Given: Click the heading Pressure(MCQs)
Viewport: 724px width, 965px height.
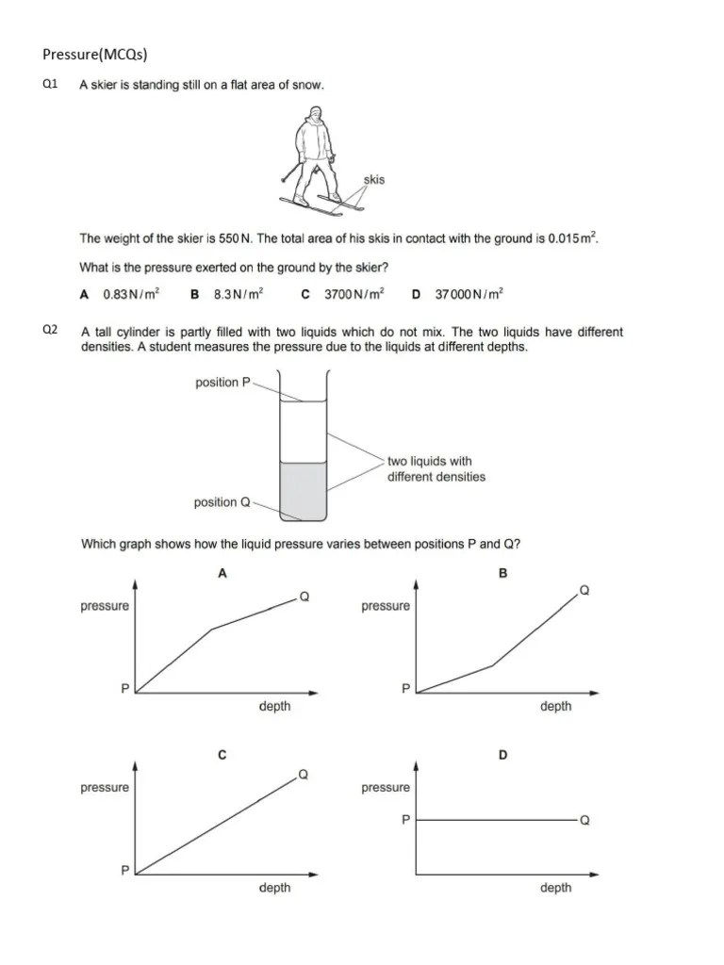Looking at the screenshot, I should tap(95, 54).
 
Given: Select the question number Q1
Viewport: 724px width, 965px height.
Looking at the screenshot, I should tap(51, 85).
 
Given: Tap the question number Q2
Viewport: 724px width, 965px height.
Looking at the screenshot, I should tap(51, 330).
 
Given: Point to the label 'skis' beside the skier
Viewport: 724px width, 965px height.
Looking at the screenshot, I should tap(373, 179).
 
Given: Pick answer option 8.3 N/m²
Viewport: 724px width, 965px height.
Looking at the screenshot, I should tap(238, 294).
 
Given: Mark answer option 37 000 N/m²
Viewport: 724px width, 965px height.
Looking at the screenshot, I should tap(469, 294).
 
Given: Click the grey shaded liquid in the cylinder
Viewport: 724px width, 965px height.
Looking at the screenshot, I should tap(303, 489).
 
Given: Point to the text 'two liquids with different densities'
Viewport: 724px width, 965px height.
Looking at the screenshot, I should tap(436, 469).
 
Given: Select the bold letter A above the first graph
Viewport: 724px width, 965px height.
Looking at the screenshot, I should tap(222, 572).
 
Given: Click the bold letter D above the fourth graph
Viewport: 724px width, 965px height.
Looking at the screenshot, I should tap(502, 755).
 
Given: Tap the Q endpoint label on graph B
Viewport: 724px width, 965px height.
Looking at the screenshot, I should tap(584, 591).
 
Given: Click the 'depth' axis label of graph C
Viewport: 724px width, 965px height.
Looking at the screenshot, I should tap(274, 888).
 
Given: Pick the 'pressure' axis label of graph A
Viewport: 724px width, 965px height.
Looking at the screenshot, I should tap(105, 606).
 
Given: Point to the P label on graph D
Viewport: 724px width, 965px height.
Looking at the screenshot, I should tap(405, 820).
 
